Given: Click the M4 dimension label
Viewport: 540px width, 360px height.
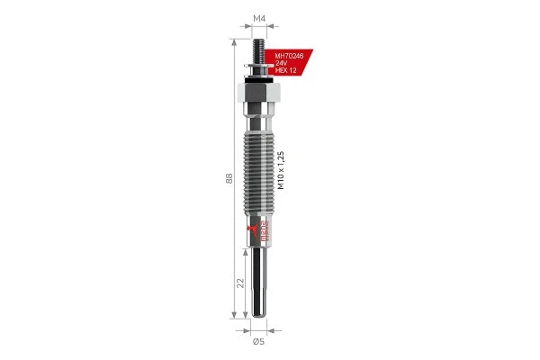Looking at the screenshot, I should [x=258, y=18].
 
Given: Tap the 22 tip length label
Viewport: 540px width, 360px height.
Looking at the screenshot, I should [x=239, y=283].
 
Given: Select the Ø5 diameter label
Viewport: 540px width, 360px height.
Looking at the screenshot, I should [x=257, y=341].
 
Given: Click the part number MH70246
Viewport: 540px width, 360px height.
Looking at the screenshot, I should [x=290, y=55].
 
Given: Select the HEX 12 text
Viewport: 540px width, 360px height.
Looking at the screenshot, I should [x=285, y=71].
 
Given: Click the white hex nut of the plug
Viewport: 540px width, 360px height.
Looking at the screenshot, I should [x=258, y=93].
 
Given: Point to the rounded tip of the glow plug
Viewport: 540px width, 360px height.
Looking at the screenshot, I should [x=258, y=314].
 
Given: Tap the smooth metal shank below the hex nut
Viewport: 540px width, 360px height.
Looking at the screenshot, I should [x=258, y=117].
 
